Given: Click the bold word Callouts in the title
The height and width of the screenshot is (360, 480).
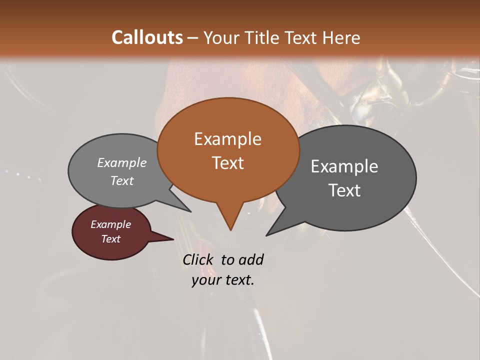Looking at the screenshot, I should [147, 37].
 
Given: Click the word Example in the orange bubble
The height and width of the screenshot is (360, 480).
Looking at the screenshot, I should [227, 139].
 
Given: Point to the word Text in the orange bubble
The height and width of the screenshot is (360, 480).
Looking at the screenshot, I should [227, 163].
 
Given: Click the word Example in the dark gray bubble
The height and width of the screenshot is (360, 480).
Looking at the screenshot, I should [344, 166].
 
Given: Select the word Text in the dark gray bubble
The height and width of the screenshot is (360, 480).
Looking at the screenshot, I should [344, 190].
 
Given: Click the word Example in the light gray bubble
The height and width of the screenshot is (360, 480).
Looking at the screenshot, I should [122, 163].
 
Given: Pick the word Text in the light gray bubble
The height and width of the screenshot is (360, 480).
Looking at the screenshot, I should [122, 181].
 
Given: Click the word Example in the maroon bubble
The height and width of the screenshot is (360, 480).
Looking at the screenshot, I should [110, 224].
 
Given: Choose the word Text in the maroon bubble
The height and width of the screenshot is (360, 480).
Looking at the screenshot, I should [110, 239].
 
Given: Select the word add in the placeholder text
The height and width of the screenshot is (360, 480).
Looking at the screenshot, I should [250, 259].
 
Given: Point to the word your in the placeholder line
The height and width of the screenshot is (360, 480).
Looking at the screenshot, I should [206, 280].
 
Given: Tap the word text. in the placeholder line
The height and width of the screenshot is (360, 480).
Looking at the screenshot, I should [239, 280].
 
